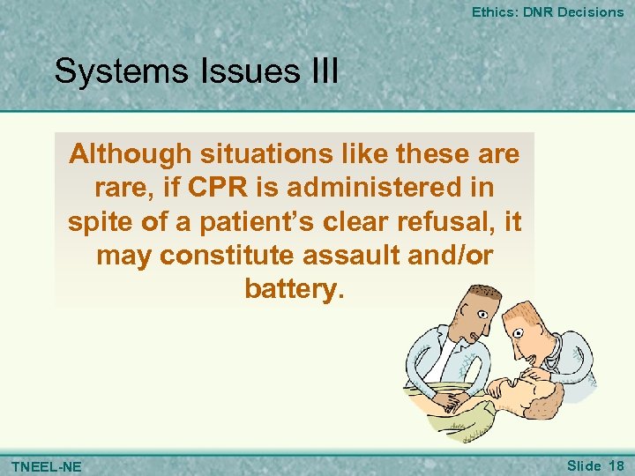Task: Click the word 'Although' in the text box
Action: [x=130, y=153]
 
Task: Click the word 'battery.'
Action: [x=294, y=290]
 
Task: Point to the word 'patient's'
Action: [x=270, y=222]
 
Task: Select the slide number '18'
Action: [x=616, y=465]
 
